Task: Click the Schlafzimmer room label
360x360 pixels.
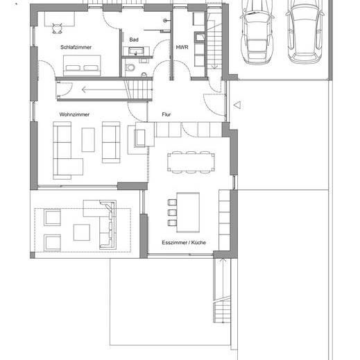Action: [76, 47]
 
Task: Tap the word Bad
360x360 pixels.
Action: [134, 40]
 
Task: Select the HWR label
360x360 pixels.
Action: [182, 47]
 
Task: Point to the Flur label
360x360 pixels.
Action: [166, 114]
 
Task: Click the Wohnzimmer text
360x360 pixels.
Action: [74, 114]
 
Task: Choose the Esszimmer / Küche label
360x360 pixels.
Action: [184, 243]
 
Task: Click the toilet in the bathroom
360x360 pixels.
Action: [130, 67]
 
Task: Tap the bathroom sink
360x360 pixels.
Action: [136, 51]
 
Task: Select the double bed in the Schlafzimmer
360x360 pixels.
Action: [82, 65]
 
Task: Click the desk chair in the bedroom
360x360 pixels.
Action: [57, 28]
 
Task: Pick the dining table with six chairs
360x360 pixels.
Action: [191, 162]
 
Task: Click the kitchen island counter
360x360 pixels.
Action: [188, 212]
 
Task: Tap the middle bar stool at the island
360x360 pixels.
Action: [172, 212]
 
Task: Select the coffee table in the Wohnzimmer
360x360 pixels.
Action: [88, 140]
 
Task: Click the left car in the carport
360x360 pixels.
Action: [257, 31]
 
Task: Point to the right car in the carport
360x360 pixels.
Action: [305, 31]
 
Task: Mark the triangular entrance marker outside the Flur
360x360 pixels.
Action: [237, 105]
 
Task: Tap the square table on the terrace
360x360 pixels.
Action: [82, 232]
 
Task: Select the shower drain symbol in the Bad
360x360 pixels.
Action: [165, 21]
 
